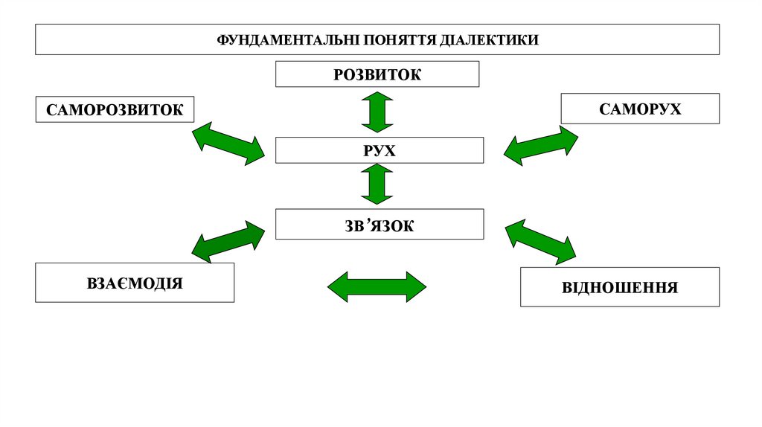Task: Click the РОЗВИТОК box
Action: [x=377, y=74]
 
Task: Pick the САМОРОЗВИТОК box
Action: [x=114, y=109]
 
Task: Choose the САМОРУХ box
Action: [x=640, y=109]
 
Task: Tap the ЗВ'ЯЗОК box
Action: [x=380, y=225]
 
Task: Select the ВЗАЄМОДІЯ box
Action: [x=135, y=283]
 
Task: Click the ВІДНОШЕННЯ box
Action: [x=620, y=287]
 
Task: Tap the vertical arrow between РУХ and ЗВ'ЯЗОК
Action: [x=377, y=184]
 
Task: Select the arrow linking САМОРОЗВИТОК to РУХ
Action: [x=228, y=144]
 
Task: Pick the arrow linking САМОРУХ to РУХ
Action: [x=541, y=145]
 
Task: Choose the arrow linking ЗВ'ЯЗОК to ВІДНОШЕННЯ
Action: [x=541, y=242]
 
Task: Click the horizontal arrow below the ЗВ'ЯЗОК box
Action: [x=377, y=286]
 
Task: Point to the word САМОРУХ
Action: [x=640, y=109]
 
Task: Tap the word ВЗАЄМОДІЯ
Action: [x=135, y=283]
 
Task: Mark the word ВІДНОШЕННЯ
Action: [x=620, y=287]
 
